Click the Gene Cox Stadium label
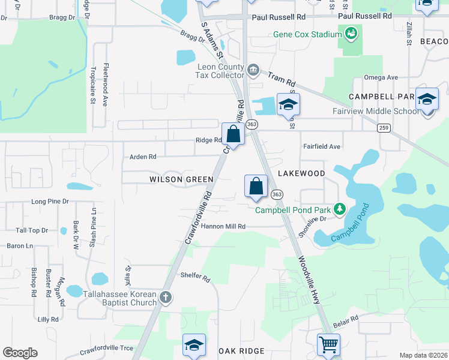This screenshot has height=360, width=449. click(307, 34)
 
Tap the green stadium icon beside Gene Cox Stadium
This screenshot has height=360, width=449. click(350, 33)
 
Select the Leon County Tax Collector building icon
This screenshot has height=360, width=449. click(253, 70)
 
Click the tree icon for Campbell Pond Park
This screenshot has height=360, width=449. click(340, 209)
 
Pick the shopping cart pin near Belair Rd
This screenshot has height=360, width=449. click(328, 345)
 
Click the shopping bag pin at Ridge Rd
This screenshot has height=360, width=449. click(233, 134)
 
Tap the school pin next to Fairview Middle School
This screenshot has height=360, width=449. click(427, 99)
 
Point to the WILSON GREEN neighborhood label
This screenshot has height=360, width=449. click(181, 179)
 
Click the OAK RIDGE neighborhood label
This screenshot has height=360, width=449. click(241, 351)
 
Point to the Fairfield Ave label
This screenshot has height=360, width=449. click(322, 146)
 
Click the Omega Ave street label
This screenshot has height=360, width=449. click(381, 78)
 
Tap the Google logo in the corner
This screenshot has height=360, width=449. click(20, 353)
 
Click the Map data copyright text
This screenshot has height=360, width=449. click(423, 355)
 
